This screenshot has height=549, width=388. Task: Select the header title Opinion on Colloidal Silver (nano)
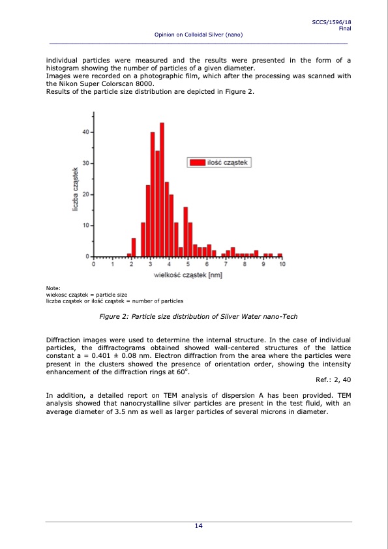pos(198,35)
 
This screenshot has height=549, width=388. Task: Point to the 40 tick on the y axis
pos(86,132)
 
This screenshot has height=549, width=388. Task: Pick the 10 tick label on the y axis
pos(86,226)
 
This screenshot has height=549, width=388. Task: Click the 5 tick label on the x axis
pos(188,265)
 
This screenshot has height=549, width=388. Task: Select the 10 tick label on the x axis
pos(282,265)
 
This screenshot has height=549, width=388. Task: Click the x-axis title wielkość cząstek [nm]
pos(188,276)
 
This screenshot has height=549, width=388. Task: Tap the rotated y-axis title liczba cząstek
pos(75,190)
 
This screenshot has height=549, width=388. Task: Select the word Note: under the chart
pos(53,288)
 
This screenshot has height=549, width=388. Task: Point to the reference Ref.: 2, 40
pos(333,379)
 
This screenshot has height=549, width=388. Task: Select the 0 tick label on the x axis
pos(94,265)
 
